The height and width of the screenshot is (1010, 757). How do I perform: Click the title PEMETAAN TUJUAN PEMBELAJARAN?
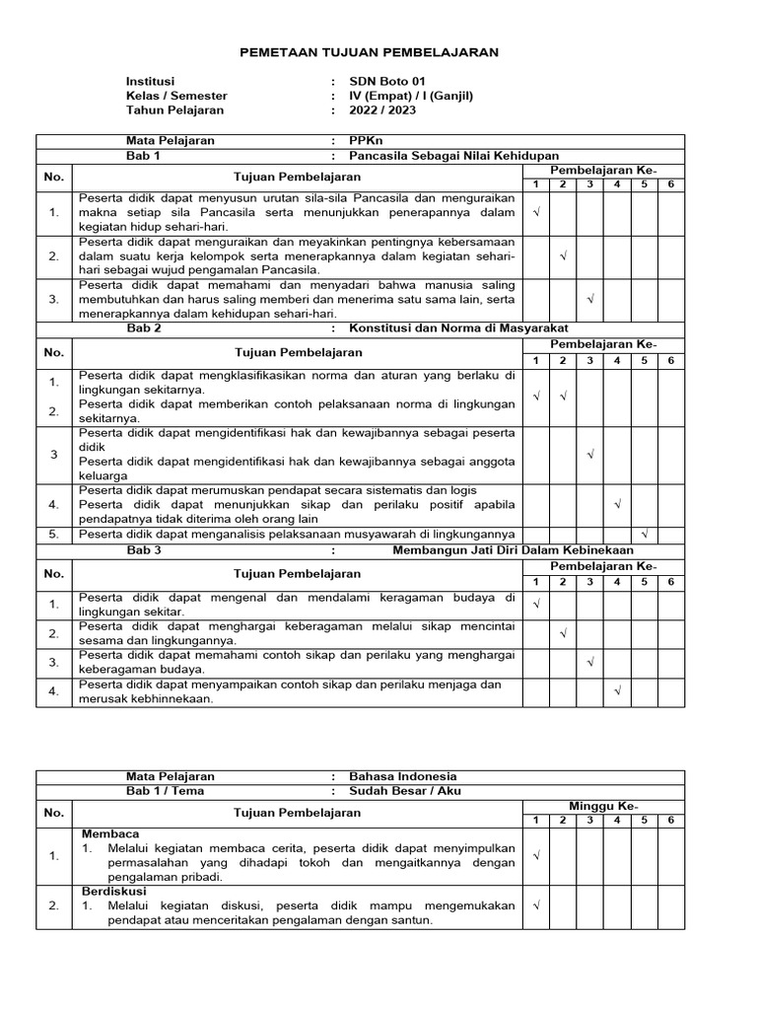(370, 51)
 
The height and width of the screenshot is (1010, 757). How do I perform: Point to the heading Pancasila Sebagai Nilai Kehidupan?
(447, 156)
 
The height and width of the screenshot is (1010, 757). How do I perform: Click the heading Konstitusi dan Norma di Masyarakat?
(451, 328)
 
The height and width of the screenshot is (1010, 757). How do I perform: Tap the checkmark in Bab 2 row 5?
(645, 535)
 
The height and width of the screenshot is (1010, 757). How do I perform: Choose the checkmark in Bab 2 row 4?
(617, 504)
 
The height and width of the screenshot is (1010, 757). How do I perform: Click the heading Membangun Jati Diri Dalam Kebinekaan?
(513, 550)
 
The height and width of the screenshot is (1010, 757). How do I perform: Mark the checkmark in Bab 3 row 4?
(617, 691)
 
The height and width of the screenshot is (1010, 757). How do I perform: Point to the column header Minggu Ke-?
(601, 807)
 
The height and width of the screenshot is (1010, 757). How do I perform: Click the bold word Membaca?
(110, 834)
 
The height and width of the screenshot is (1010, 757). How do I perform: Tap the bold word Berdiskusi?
(114, 890)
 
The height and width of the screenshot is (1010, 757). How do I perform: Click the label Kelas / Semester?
(176, 96)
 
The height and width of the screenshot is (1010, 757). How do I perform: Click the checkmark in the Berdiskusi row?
(536, 903)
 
